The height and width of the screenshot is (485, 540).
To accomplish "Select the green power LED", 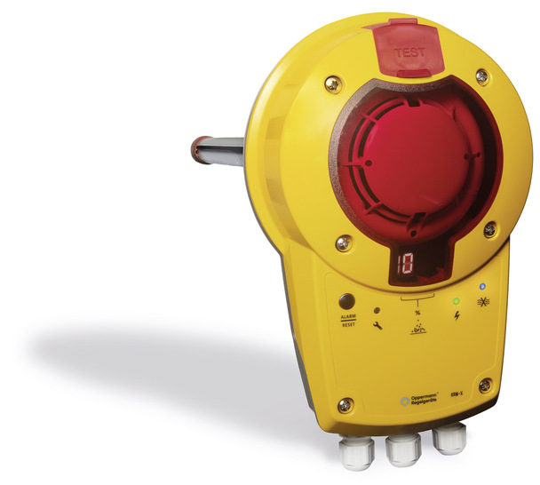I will tap(457, 301).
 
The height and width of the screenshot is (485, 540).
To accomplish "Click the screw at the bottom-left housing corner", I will tap(346, 405).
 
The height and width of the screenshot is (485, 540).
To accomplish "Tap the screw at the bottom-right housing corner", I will tap(485, 386).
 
